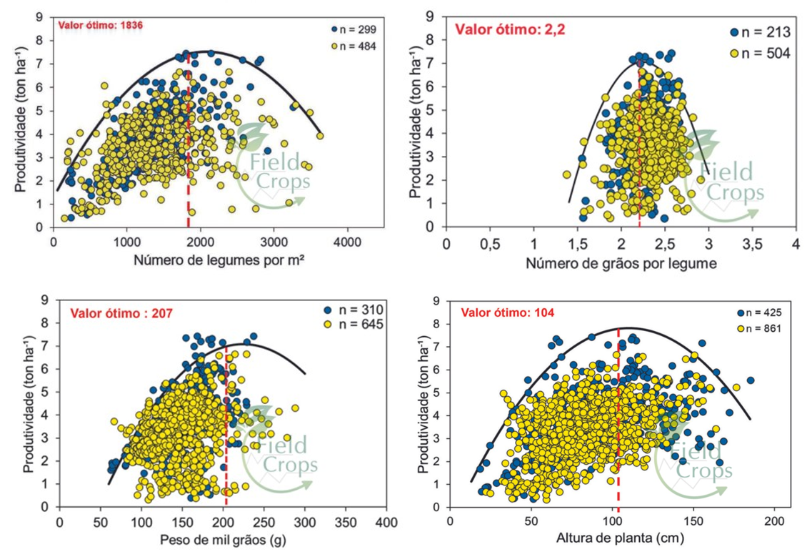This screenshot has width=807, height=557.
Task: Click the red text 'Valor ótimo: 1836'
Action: (101, 25)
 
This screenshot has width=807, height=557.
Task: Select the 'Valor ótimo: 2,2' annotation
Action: (503, 29)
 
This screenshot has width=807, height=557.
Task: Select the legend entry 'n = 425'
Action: (758, 312)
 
